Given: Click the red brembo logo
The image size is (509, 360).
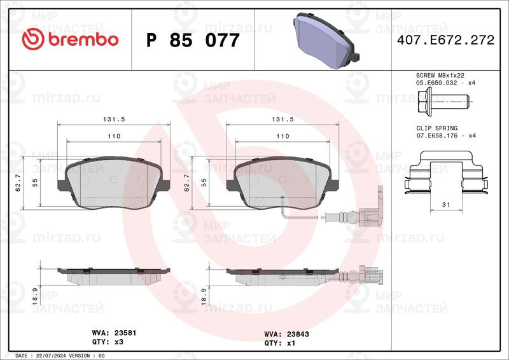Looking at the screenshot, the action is [70, 39].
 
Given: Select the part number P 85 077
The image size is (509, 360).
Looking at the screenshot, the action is [193, 40].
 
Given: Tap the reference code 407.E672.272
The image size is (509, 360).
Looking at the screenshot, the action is [445, 40].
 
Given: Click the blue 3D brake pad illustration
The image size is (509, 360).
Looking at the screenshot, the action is [326, 40].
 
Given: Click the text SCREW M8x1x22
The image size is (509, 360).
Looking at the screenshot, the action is [440, 75].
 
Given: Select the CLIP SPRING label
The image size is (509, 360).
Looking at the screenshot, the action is [437, 128].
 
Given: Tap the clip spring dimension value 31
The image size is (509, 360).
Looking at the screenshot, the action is [446, 205].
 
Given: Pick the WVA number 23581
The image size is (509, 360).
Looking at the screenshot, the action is [125, 333].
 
